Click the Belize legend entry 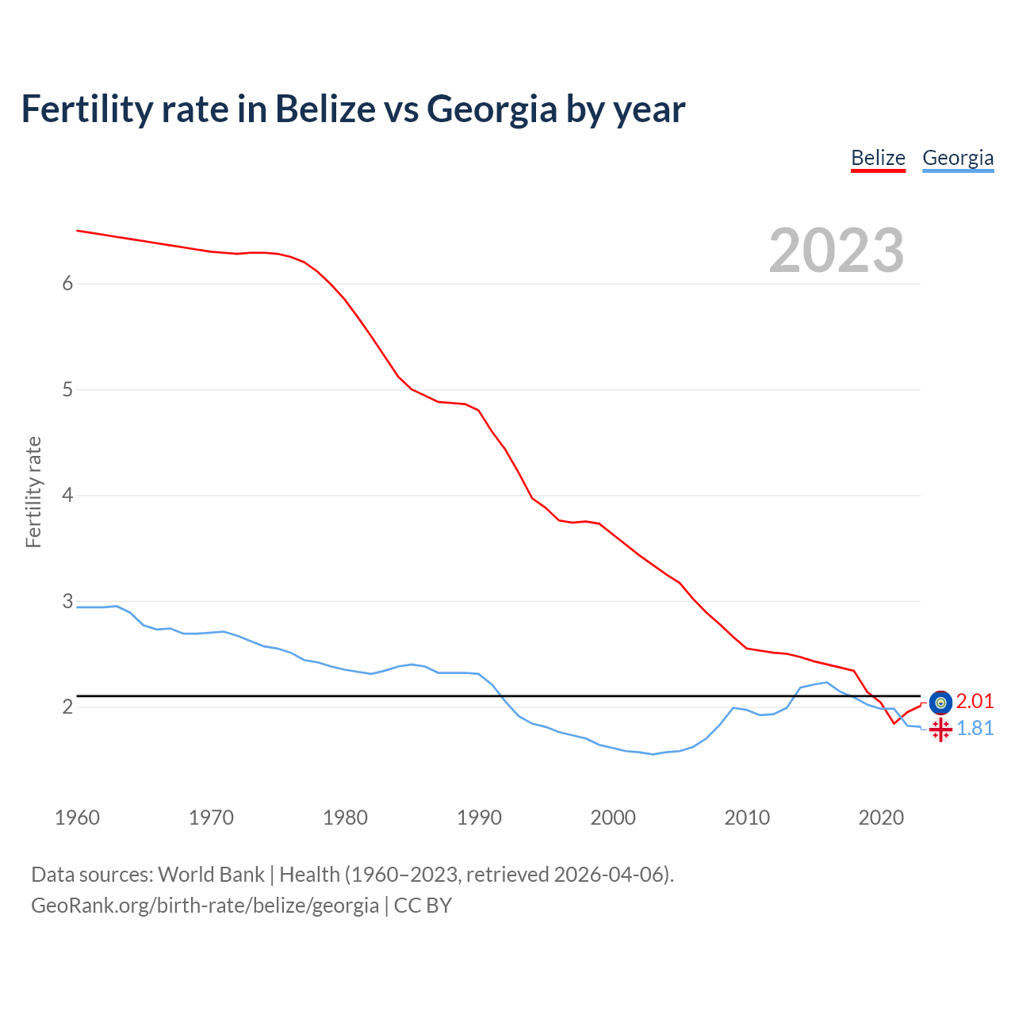(x=878, y=159)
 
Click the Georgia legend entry (x=958, y=159)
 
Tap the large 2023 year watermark (x=837, y=251)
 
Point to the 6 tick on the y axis (x=67, y=284)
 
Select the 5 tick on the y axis (x=67, y=390)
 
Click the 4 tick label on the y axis (x=67, y=496)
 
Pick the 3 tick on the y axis (x=67, y=601)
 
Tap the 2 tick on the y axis (x=67, y=707)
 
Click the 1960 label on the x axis (x=77, y=818)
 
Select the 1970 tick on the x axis (x=211, y=818)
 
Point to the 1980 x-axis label (x=345, y=818)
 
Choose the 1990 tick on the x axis (x=479, y=818)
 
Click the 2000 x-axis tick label (x=613, y=818)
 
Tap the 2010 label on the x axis (x=747, y=818)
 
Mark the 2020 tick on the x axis (x=881, y=818)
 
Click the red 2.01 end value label (x=975, y=702)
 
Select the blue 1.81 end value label (x=975, y=729)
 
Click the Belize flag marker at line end (x=940, y=702)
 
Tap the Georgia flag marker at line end (x=940, y=730)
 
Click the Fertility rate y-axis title (x=33, y=492)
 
